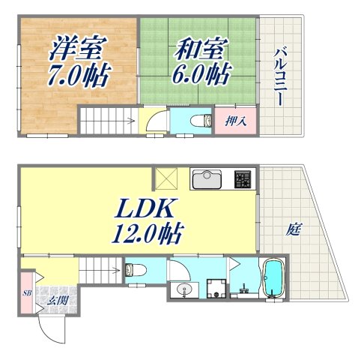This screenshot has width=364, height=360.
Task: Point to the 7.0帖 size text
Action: coord(77,75)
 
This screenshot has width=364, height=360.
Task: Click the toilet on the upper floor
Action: coord(196,120)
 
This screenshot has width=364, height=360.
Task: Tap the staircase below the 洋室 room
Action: coord(108,119)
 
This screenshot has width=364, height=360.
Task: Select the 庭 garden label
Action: coord(291,230)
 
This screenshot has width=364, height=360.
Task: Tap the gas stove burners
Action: coord(244,179)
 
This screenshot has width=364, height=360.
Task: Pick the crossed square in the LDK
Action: coord(164,179)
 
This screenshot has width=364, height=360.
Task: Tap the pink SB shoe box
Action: coord(26,293)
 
